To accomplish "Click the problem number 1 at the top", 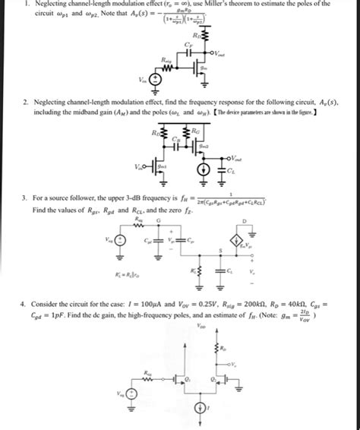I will point(27,5).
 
